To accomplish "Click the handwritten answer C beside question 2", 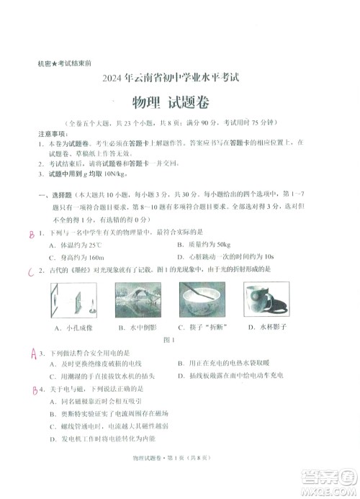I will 30,272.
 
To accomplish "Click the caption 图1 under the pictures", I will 171,339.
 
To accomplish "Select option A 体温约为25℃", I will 76,245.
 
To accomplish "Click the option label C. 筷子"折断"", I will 204,327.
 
